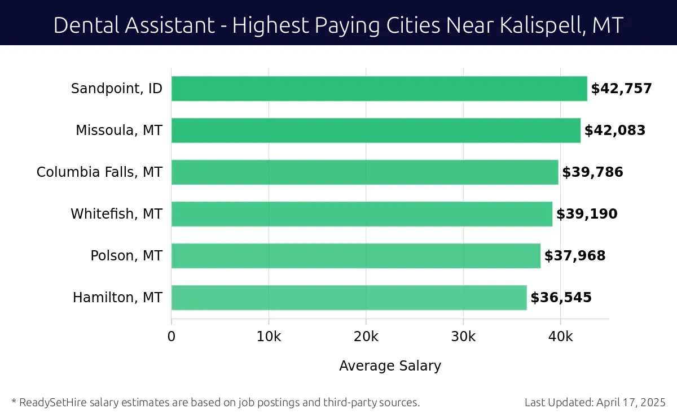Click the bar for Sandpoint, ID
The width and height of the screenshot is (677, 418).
click(x=379, y=89)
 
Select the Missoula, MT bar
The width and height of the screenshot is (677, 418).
click(x=376, y=130)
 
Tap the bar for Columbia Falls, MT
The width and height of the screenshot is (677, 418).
click(x=364, y=172)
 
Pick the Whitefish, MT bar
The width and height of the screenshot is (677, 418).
click(x=362, y=214)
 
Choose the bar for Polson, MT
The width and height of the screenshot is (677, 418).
click(x=355, y=256)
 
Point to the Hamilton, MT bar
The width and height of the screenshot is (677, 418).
click(x=349, y=298)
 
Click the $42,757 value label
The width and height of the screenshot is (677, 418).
click(x=621, y=89)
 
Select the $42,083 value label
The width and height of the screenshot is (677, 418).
click(x=614, y=130)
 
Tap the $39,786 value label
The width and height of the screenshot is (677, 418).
click(x=592, y=172)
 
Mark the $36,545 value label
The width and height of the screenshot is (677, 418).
click(x=561, y=298)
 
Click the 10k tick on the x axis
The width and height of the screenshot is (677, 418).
click(x=269, y=337)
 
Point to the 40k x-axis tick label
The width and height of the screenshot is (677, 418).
click(x=561, y=337)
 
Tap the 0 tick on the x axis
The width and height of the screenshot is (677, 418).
click(x=172, y=337)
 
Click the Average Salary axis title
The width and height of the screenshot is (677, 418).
click(x=390, y=366)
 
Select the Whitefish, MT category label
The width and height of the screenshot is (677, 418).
click(x=116, y=214)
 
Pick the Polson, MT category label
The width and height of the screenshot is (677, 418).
click(x=126, y=256)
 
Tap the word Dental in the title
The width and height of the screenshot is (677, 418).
click(x=85, y=25)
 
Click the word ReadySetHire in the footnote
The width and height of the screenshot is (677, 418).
click(x=52, y=403)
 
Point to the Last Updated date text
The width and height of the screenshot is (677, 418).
click(x=595, y=403)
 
